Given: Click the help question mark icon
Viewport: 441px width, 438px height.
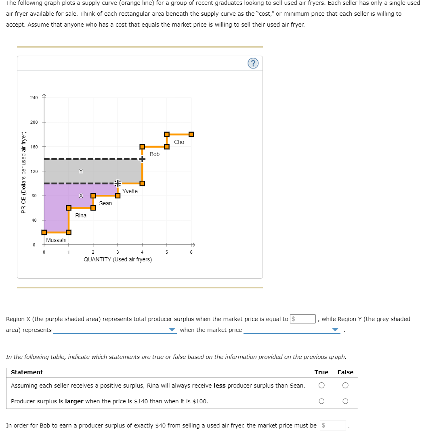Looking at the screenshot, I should click(253, 63).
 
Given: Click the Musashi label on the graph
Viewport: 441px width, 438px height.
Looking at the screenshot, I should click(56, 240).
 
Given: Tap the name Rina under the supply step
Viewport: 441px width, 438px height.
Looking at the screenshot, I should click(81, 215).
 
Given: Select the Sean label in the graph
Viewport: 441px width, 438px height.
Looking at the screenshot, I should click(105, 203).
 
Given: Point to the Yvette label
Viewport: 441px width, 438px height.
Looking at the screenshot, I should click(130, 191).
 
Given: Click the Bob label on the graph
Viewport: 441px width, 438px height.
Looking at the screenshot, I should click(155, 154).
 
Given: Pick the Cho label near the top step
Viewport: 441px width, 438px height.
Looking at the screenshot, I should click(179, 142).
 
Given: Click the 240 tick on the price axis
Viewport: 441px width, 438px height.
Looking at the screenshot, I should click(34, 98).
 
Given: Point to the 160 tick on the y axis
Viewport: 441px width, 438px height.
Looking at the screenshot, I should click(34, 147).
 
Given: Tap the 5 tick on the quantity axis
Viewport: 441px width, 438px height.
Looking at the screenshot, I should click(166, 252).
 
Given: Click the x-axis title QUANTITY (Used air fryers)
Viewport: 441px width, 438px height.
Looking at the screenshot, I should click(118, 260).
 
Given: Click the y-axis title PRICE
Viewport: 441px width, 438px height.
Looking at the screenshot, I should click(23, 172).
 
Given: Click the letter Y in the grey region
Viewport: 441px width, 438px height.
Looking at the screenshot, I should click(81, 171).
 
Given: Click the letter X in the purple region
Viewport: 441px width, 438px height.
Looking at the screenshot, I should click(81, 196).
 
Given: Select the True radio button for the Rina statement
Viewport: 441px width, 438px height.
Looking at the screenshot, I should click(321, 386).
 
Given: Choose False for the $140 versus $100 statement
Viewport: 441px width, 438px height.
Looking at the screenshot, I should click(345, 401).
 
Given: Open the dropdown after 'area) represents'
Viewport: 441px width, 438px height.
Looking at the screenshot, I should click(115, 330).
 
